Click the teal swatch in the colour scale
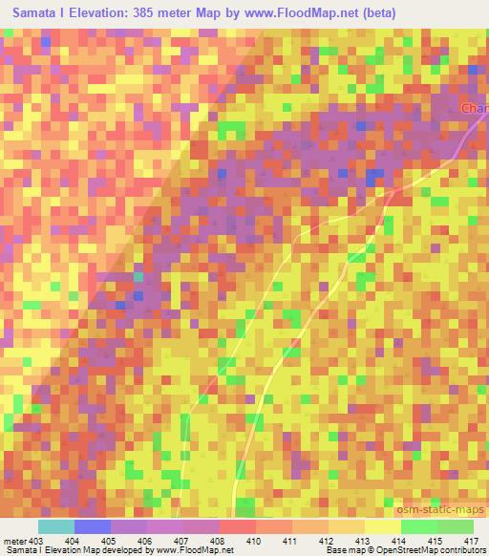[55, 526]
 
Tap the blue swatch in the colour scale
[92, 526]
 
